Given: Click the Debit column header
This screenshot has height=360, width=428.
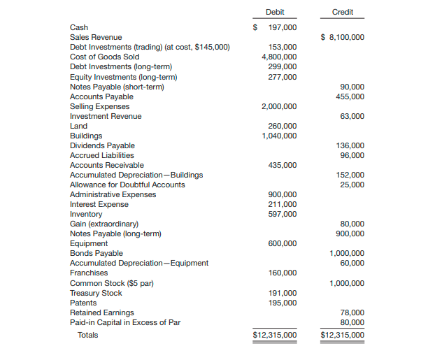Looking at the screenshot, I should point(275,13).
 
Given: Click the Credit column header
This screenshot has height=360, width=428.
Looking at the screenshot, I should point(342,13).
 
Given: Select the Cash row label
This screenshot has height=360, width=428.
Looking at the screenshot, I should point(78,27).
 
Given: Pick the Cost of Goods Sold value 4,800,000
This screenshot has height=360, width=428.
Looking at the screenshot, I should point(278,57).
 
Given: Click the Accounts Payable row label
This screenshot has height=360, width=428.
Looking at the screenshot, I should point(101,96).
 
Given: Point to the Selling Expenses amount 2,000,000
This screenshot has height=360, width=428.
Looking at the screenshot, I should point(278,106).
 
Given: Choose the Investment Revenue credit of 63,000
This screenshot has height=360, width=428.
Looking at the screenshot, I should point(352,116).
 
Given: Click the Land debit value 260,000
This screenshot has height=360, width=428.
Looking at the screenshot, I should point(283,126).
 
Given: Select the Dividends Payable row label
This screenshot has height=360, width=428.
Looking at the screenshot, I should point(102,145).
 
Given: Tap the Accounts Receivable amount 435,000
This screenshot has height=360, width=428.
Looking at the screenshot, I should point(283,165).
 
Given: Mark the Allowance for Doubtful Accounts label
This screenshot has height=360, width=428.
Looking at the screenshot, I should point(127,185).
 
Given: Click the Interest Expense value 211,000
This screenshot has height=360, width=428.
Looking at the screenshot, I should point(283,204).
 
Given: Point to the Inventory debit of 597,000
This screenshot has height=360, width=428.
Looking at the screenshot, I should point(283,214).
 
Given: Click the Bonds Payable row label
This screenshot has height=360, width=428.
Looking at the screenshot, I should point(96,253).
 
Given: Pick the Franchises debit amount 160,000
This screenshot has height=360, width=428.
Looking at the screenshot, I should point(283,273).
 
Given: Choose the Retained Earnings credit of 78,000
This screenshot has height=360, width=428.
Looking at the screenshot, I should point(352,312).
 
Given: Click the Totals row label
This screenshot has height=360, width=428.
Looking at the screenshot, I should point(87,335).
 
